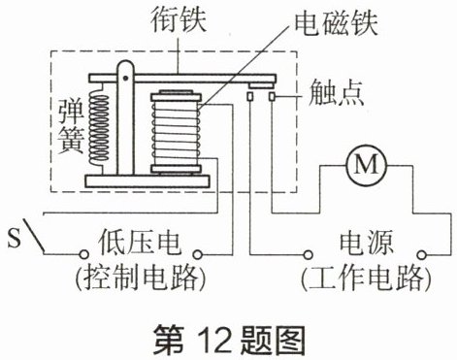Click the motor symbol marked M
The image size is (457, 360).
pyautogui.click(x=366, y=165)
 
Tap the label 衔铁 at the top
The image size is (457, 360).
pyautogui.click(x=179, y=20)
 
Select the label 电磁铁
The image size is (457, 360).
pyautogui.click(x=336, y=22)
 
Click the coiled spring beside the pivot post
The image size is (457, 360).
pyautogui.click(x=99, y=129)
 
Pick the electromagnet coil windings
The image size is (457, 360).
pyautogui.click(x=176, y=133)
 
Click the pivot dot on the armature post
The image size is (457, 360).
pyautogui.click(x=125, y=78)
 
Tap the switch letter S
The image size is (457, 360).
pyautogui.click(x=14, y=238)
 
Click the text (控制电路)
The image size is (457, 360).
pyautogui.click(x=141, y=278)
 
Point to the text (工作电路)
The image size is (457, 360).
pyautogui.click(x=366, y=278)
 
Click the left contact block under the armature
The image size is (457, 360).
pyautogui.click(x=250, y=96)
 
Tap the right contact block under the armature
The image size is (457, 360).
pyautogui.click(x=273, y=96)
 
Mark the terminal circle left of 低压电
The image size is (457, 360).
pyautogui.click(x=83, y=254)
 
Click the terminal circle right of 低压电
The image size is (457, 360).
pyautogui.click(x=197, y=254)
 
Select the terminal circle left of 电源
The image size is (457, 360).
pyautogui.click(x=309, y=255)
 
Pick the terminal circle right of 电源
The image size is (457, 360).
pyautogui.click(x=421, y=255)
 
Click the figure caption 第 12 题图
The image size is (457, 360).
pyautogui.click(x=229, y=340)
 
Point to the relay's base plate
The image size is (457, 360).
pyautogui.click(x=147, y=181)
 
